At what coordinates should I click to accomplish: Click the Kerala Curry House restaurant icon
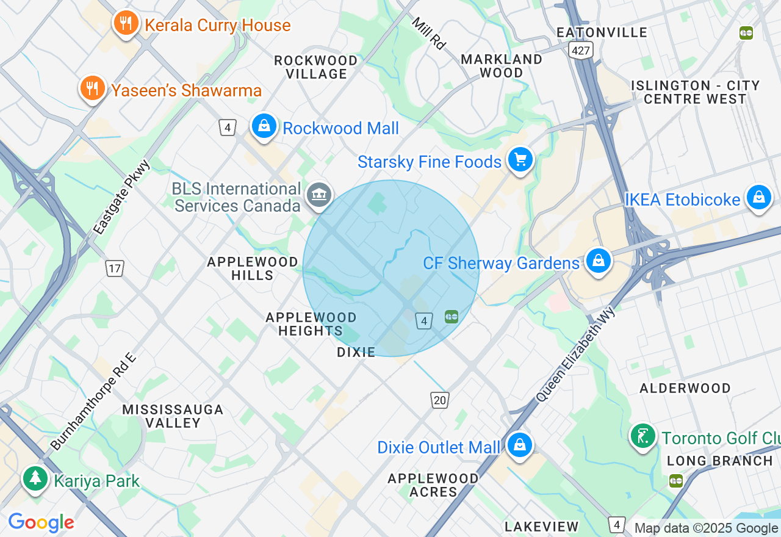126,23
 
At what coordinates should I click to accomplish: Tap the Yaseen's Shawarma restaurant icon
92,88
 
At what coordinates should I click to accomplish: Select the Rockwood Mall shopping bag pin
264,126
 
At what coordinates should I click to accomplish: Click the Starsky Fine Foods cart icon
520,160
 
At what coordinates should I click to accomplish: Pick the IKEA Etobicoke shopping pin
758,198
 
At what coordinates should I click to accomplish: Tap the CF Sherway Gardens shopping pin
599,261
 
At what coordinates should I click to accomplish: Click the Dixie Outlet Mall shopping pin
519,445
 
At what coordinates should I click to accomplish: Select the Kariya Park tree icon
35,479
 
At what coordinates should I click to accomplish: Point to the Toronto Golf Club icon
643,436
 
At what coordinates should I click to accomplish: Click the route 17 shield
114,268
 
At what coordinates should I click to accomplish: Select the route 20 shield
439,400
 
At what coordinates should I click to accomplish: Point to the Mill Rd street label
428,33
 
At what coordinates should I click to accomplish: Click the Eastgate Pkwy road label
122,197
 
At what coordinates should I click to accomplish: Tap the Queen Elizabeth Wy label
576,354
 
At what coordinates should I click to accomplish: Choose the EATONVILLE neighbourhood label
602,32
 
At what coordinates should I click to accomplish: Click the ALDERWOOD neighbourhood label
685,388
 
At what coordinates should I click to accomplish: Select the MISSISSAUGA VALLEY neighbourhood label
173,416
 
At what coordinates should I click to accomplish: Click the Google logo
41,522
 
